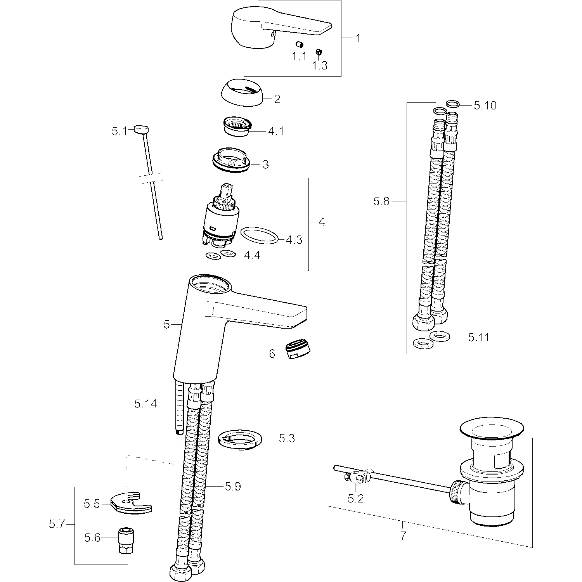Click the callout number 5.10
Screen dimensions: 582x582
coord(485,106)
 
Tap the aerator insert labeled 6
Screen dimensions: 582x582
coord(300,350)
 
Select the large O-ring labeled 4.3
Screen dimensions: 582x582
coord(260,236)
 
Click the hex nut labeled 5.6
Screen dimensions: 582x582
coord(126,538)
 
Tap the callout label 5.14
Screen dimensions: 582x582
coord(145,404)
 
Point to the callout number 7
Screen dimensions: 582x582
coord(404,536)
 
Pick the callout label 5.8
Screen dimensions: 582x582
coord(381,201)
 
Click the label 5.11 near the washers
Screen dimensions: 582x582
coord(479,337)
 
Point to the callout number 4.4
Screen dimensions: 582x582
coord(252,256)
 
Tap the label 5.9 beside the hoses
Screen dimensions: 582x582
coord(233,486)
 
